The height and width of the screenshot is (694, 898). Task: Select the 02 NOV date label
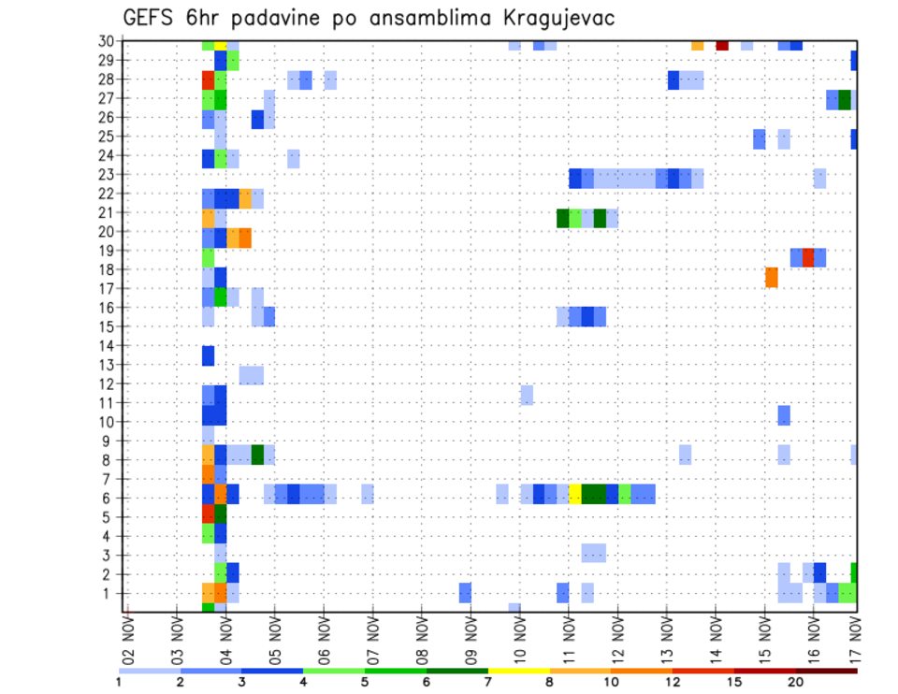(127, 639)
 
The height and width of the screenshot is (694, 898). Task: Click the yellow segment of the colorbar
(519, 671)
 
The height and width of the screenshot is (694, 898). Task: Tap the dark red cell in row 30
(722, 44)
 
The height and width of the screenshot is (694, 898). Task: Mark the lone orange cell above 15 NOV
(772, 278)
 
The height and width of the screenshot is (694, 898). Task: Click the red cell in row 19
(808, 257)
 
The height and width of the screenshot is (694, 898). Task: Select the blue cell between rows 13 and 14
(208, 355)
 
